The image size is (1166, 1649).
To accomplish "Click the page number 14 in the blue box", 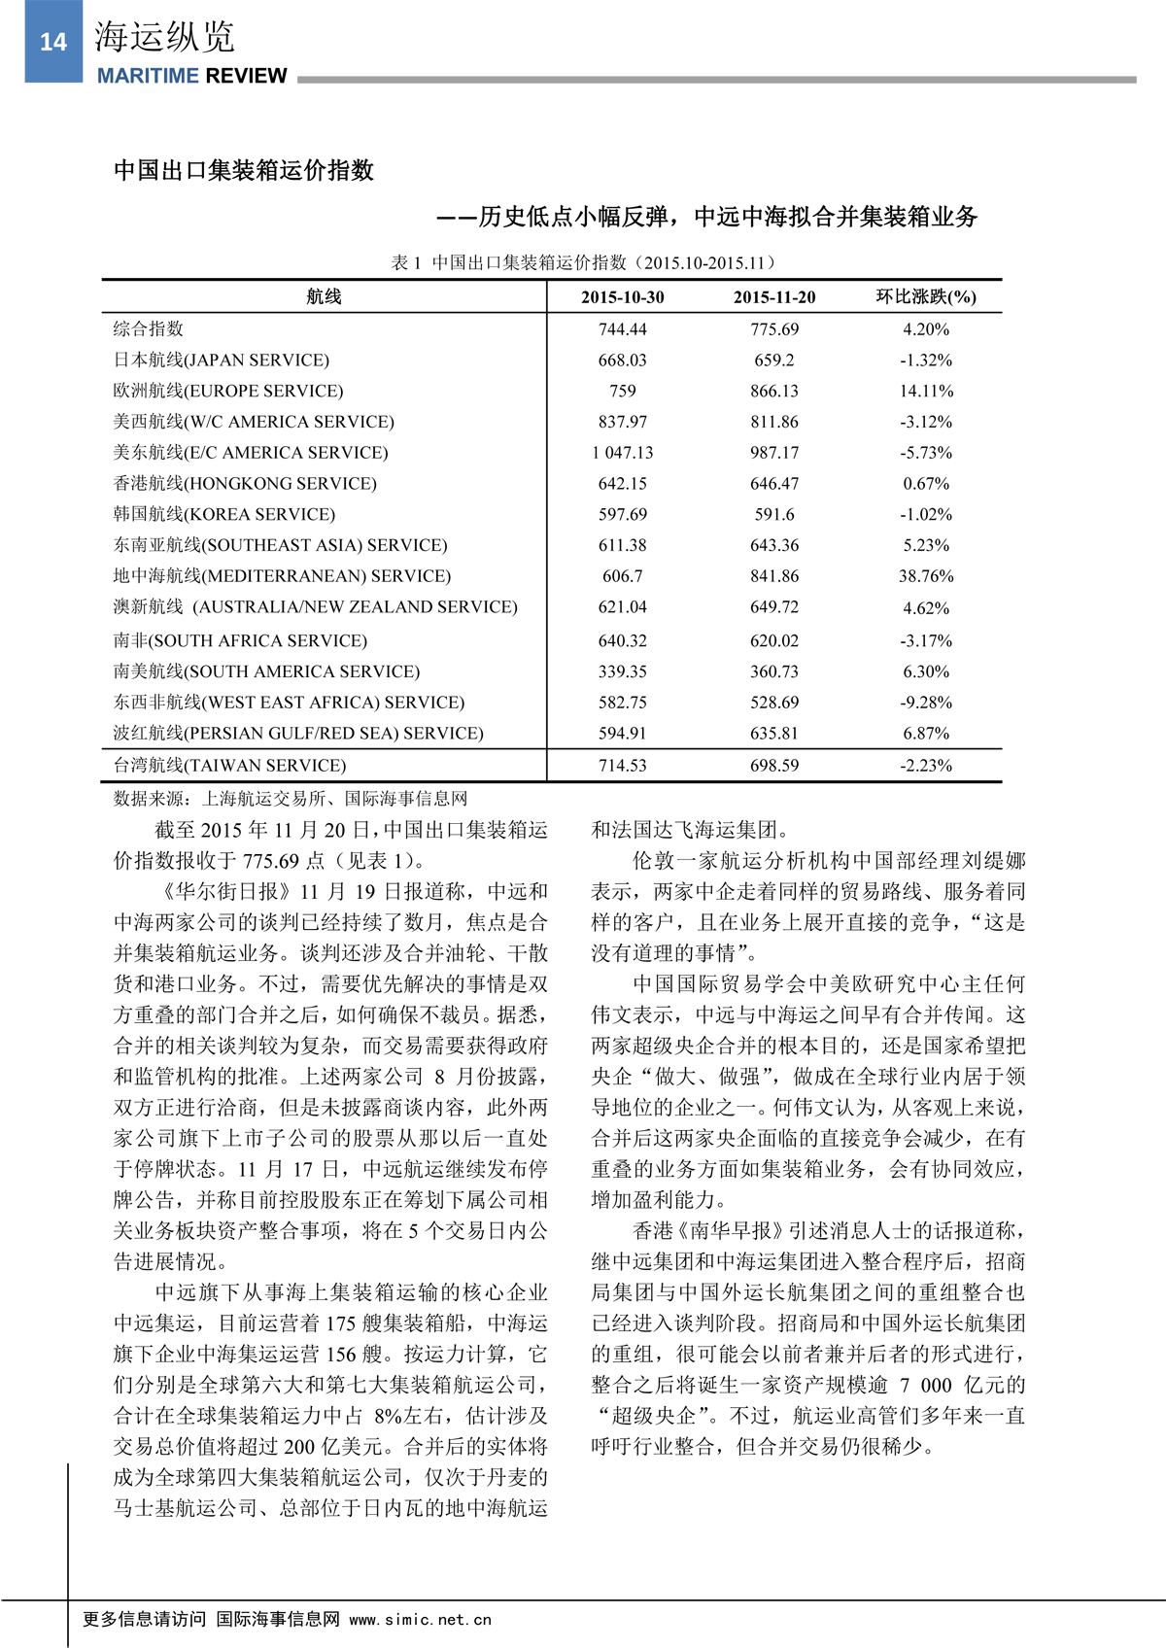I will [x=53, y=42].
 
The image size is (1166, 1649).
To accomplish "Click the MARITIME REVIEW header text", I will [x=191, y=76].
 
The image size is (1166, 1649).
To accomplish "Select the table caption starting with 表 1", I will [x=583, y=262].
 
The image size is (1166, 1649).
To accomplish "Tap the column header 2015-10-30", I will [x=623, y=297].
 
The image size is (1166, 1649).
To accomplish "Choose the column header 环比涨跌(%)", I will [x=926, y=297].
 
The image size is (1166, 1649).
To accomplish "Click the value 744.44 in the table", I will [x=623, y=329].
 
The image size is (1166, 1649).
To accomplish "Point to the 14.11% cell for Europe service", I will [x=926, y=391].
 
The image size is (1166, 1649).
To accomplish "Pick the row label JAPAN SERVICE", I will [x=222, y=361].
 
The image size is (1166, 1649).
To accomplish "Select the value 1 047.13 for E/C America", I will [x=623, y=453].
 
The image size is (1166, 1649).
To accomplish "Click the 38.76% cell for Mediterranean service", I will [x=926, y=576].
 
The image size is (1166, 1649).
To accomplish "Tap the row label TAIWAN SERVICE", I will [x=229, y=766].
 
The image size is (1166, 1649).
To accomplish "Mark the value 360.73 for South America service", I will [x=774, y=671].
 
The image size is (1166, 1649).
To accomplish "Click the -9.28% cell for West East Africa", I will [x=926, y=703].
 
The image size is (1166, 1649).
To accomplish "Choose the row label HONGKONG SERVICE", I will [x=245, y=484].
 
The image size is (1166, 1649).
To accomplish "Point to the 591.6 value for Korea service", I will [x=774, y=515].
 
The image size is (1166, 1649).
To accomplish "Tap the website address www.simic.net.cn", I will [x=420, y=1620].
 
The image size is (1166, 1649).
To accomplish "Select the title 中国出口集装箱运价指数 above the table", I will [x=244, y=171].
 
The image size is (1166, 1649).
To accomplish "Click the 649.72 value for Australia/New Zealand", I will [x=774, y=607].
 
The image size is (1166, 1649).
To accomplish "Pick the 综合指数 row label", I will [x=149, y=329].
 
